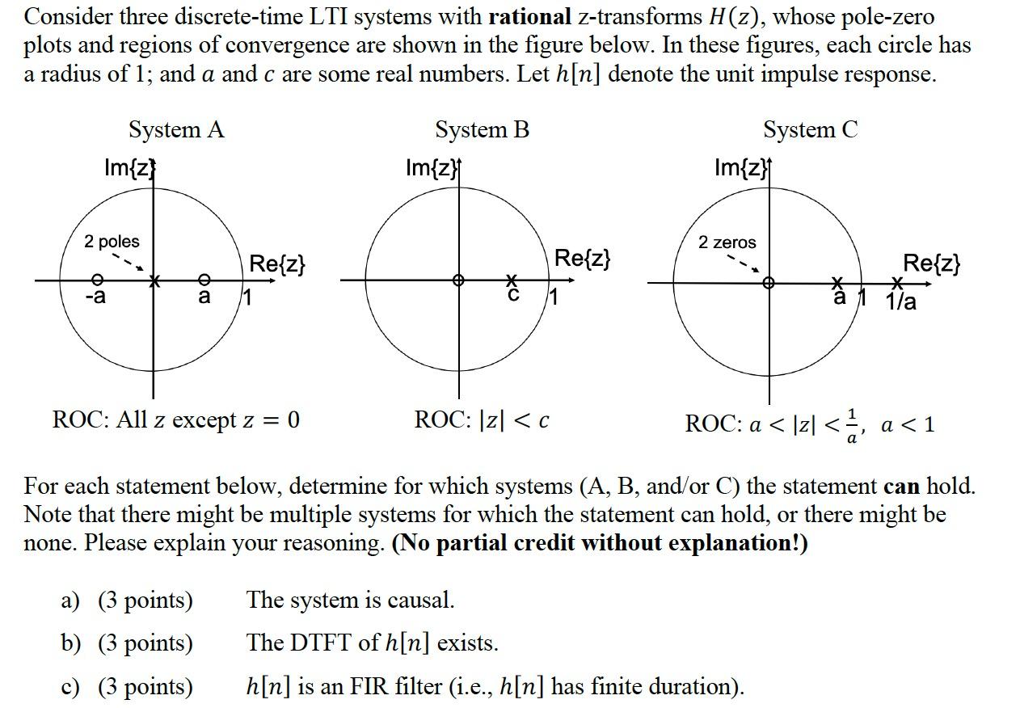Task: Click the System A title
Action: coord(176,129)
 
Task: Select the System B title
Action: coord(482,129)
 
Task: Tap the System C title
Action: coord(810,129)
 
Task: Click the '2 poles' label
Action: coord(112,241)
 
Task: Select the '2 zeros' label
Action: coord(727,242)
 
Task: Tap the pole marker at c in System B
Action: coord(511,280)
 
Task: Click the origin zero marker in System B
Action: coord(459,280)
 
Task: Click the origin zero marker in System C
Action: coord(769,283)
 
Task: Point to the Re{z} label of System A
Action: coord(277,263)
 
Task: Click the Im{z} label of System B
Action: coord(432,168)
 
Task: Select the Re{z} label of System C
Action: coord(931,263)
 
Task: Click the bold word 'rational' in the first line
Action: coord(529,17)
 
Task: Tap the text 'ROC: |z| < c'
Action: coord(482,419)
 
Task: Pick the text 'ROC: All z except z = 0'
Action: coord(175,419)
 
